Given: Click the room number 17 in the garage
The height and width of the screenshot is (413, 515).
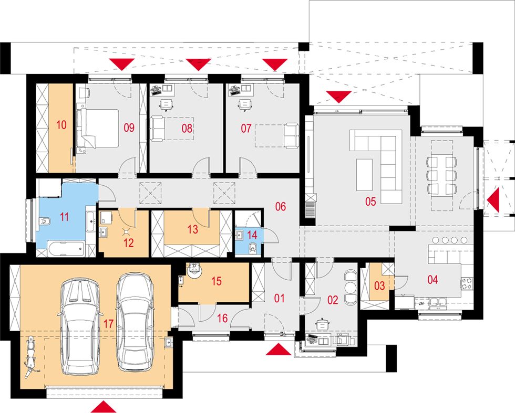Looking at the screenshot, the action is coord(108,324).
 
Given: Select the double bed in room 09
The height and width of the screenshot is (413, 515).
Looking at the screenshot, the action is coord(98,129).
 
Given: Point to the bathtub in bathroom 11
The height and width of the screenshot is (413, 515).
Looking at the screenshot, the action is coord(66,249).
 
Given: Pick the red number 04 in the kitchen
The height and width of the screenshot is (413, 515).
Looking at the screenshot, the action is coord(432,280).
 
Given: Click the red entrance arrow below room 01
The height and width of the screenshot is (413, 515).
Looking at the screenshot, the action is coord(279,349).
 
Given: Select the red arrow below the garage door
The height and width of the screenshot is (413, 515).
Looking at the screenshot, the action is coord(104,406).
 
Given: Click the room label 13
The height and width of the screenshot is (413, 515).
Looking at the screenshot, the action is coord(193,229).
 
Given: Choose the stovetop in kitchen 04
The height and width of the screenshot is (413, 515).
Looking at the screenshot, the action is coord(467,283).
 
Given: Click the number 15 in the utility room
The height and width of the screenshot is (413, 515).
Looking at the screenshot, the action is coord(217,281).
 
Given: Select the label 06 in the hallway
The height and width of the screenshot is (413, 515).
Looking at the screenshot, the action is coord(281,206).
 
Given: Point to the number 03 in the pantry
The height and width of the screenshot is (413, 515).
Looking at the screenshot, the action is coord(379,285).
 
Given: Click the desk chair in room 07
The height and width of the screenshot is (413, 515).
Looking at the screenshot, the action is coord(244,104).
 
